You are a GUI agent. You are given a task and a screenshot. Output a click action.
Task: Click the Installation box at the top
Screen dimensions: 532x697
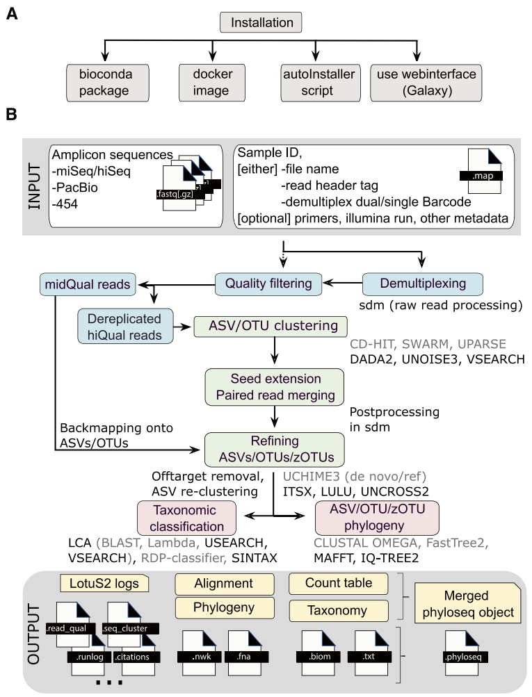(261, 22)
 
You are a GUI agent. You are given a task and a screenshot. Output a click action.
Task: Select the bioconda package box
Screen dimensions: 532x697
(108, 83)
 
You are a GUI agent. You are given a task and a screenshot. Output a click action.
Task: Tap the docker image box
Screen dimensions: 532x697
(211, 83)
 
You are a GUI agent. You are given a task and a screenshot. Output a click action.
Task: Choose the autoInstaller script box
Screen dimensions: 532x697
(321, 83)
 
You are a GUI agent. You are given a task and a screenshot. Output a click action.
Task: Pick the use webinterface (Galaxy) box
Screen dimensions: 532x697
(426, 83)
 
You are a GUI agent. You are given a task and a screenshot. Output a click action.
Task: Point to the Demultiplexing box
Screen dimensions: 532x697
(423, 284)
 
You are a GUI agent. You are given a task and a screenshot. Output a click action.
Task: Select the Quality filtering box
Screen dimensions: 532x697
(268, 284)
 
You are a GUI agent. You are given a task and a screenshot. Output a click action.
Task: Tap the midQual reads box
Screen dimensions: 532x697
(88, 284)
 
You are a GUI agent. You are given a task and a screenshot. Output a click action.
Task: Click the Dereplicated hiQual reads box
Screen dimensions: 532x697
(125, 327)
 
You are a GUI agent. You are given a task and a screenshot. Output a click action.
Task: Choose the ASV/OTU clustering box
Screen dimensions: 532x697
(271, 327)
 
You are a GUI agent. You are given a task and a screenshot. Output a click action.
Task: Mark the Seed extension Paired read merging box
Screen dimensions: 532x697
(275, 387)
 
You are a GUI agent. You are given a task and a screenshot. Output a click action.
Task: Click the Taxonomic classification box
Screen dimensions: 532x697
(186, 518)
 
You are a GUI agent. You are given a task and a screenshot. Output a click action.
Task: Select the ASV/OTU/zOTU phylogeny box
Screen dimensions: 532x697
(377, 518)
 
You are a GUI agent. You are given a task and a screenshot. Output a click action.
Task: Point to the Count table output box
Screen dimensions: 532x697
(339, 584)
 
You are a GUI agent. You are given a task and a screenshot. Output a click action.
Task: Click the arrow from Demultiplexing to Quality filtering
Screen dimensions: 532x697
(343, 283)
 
